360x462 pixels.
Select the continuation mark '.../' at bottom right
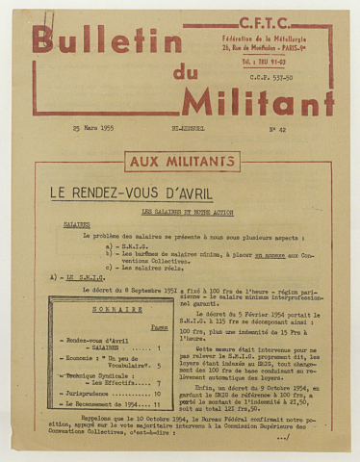pyautogui.click(x=282, y=437)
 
